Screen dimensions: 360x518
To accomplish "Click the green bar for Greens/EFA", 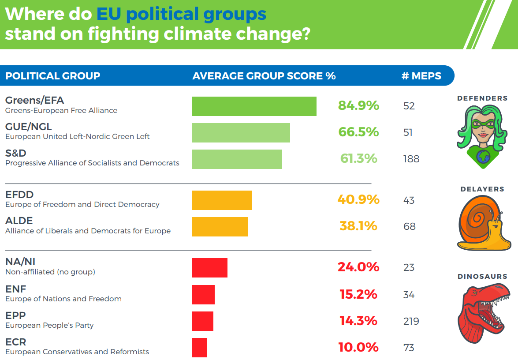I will pos(254,106).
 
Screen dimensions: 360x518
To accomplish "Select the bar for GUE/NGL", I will pos(241,133).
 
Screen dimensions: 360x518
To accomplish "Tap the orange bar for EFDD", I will pos(222,200).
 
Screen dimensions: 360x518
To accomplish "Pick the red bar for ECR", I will pos(199,348).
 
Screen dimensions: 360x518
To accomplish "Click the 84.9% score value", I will pos(358,106).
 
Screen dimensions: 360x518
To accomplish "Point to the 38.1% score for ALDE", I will pos(358,226).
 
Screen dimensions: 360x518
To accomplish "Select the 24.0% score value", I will pos(358,267).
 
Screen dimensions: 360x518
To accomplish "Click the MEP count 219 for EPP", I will pos(411,321).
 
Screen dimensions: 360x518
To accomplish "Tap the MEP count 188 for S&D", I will pos(411,159).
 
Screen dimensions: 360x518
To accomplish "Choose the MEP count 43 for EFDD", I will pos(409,200).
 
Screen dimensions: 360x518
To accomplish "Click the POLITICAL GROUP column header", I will pos(52,76).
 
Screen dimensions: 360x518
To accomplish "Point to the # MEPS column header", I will pos(421,76).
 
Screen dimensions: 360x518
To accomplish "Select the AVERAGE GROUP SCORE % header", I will pos(264,76).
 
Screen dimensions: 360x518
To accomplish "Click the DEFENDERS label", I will pos(482,98).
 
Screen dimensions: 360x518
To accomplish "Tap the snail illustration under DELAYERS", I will pos(483,223).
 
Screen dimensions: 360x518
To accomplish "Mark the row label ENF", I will pos(16,289).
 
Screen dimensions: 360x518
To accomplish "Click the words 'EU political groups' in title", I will pos(181,14).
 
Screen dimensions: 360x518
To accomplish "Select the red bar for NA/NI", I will pos(209,268).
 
